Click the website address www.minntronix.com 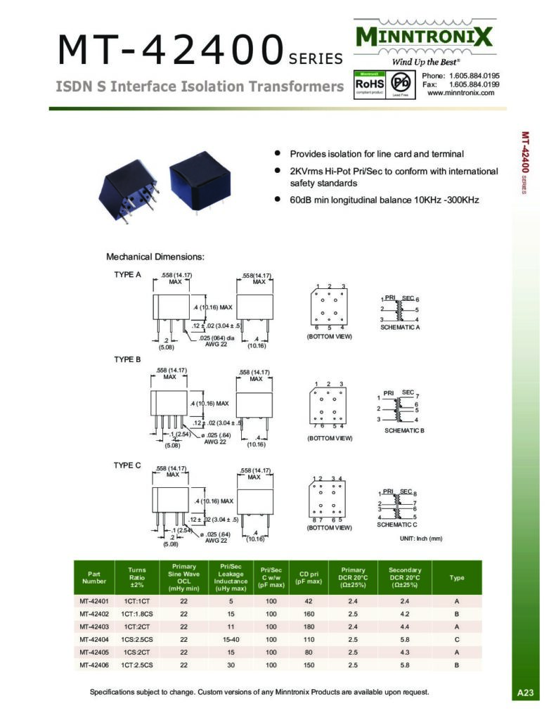460,92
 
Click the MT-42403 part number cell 93,626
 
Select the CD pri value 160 308,613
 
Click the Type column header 457,578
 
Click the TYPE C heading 128,465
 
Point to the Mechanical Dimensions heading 155,257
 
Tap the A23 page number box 526,693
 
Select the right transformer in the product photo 198,179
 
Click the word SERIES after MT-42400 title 316,59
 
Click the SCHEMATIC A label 400,328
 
